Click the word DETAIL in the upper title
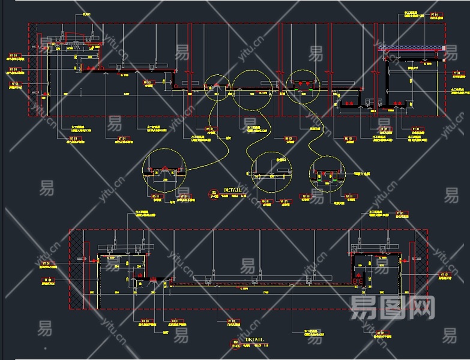232,190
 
